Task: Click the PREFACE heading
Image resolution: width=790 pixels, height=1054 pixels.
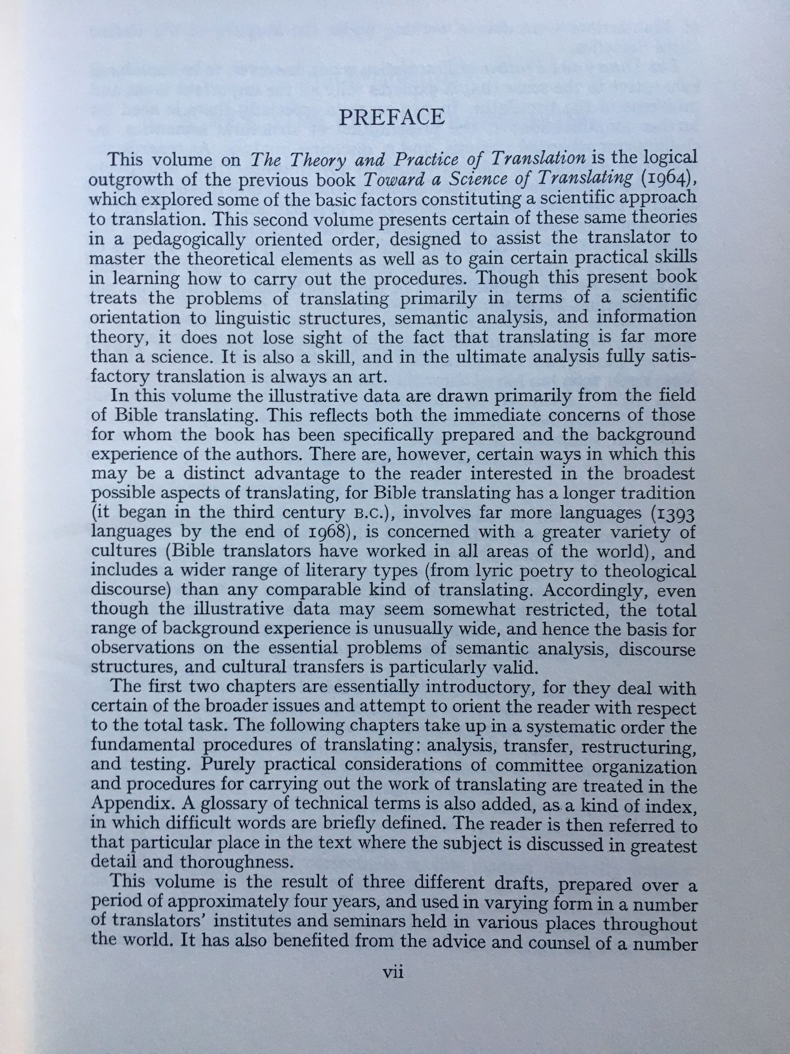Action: [x=392, y=118]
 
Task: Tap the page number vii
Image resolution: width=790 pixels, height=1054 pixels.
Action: [x=393, y=972]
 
